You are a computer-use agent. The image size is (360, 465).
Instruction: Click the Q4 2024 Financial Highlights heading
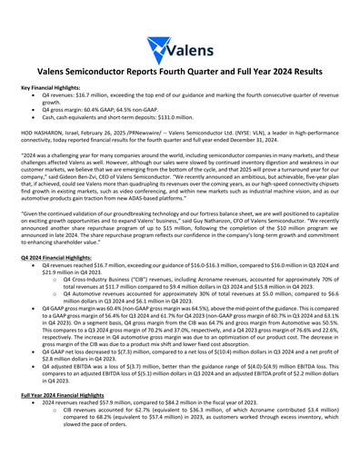57,257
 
